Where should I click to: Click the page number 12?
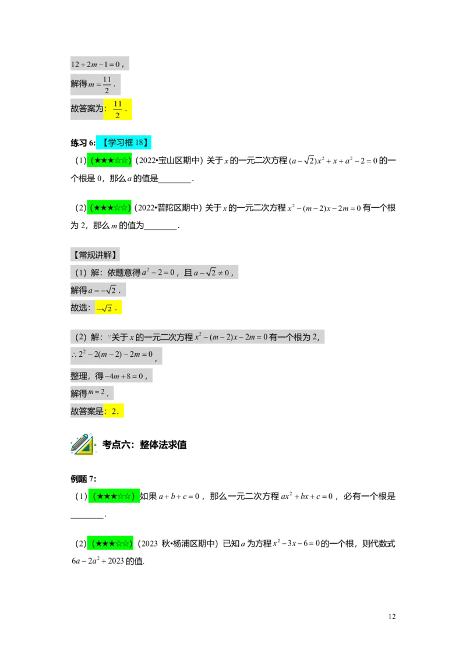click(x=391, y=616)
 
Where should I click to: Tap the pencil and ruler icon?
click(x=83, y=444)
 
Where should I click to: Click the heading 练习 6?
click(x=83, y=143)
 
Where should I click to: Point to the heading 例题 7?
click(x=83, y=479)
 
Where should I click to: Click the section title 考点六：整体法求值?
click(x=144, y=444)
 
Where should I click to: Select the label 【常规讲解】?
click(x=95, y=254)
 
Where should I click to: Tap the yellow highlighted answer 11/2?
click(x=117, y=109)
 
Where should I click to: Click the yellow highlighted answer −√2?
click(x=108, y=307)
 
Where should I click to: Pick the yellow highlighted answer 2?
click(x=114, y=411)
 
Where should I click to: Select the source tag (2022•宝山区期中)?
click(x=169, y=161)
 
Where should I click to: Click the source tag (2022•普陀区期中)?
click(x=168, y=208)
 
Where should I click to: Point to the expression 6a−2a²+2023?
click(x=98, y=561)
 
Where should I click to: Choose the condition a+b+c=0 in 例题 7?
click(x=179, y=497)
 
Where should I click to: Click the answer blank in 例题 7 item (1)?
click(x=87, y=515)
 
